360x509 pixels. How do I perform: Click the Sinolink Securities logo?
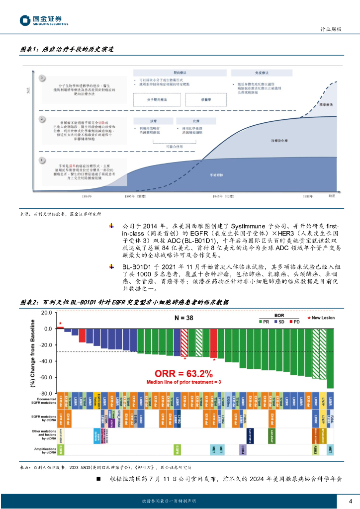pyautogui.click(x=44, y=21)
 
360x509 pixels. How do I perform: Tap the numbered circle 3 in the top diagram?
pyautogui.click(x=42, y=78)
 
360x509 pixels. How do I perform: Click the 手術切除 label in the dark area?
pyautogui.click(x=217, y=175)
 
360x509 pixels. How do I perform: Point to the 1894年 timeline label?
pyautogui.click(x=87, y=197)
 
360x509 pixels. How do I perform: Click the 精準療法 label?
pyautogui.click(x=325, y=105)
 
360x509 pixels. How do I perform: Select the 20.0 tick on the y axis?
pyautogui.click(x=46, y=313)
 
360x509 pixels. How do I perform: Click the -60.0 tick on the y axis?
pyautogui.click(x=46, y=377)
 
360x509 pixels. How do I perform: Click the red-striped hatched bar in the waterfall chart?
pyautogui.click(x=184, y=342)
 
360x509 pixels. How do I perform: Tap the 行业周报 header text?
pyautogui.click(x=330, y=29)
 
